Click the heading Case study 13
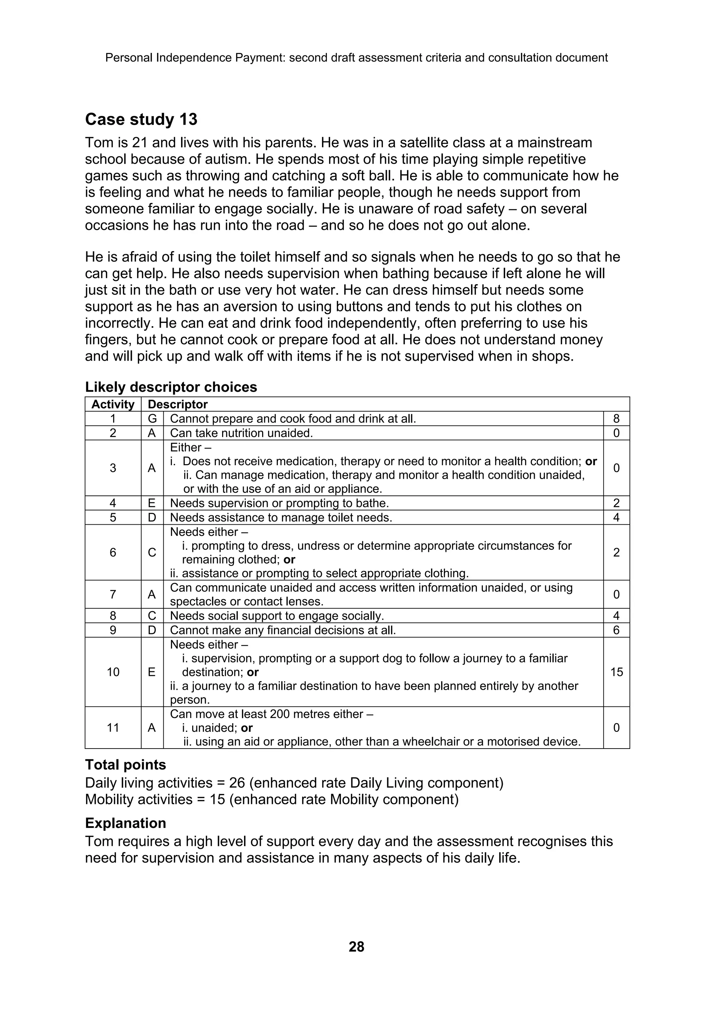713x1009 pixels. click(x=141, y=119)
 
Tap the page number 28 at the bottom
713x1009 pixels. click(x=356, y=946)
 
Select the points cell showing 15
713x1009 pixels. click(x=616, y=672)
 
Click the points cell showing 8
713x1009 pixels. click(x=616, y=419)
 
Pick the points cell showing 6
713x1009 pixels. click(x=616, y=630)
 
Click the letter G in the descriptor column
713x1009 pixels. click(x=152, y=419)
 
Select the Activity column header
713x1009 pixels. click(x=113, y=404)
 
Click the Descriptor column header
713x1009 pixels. click(x=178, y=404)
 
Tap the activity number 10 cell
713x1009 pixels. click(x=113, y=672)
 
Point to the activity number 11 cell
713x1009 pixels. click(x=113, y=728)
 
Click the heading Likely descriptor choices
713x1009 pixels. click(x=171, y=387)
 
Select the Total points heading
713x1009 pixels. click(x=125, y=765)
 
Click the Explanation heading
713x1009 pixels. click(x=125, y=823)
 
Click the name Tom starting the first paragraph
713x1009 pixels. click(x=96, y=143)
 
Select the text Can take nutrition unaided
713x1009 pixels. click(x=241, y=433)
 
